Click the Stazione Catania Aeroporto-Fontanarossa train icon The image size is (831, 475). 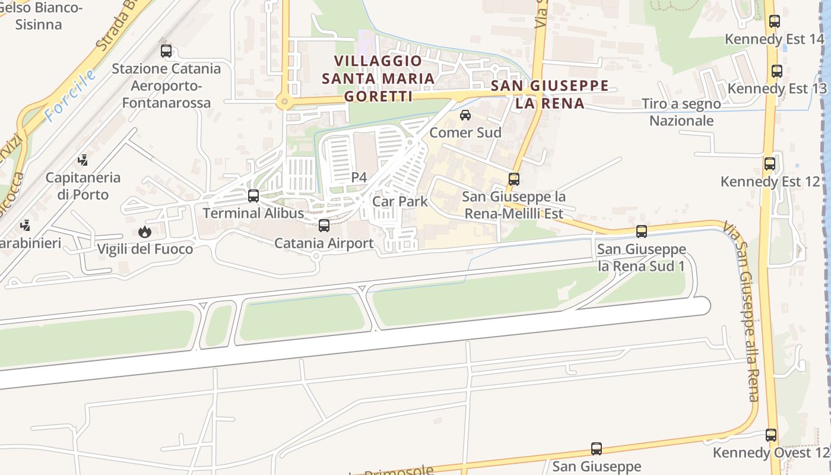coord(166,51)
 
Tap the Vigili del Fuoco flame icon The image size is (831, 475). coord(144,232)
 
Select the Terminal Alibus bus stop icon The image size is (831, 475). coord(253,195)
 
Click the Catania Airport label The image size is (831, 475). coord(323,243)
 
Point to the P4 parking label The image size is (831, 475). coord(359,177)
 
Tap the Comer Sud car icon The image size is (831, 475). coord(465,115)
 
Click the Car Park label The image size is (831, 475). coord(399,201)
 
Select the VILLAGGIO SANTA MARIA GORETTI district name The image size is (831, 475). coord(378,78)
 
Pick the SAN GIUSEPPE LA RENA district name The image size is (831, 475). coord(550,94)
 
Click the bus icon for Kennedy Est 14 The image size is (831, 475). coord(774,21)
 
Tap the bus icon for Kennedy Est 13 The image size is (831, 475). coord(776,71)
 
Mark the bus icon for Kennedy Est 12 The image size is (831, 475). coord(770,164)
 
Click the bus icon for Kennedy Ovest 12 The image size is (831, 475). coord(771,435)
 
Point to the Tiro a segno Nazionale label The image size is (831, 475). coord(681,112)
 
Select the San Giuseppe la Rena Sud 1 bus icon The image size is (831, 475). coord(641,232)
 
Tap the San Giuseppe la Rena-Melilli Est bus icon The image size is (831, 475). coord(514,179)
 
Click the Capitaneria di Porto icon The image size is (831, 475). coord(83,160)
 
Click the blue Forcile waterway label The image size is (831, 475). coord(71,96)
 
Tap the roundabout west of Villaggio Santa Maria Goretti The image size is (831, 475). coord(284,102)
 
